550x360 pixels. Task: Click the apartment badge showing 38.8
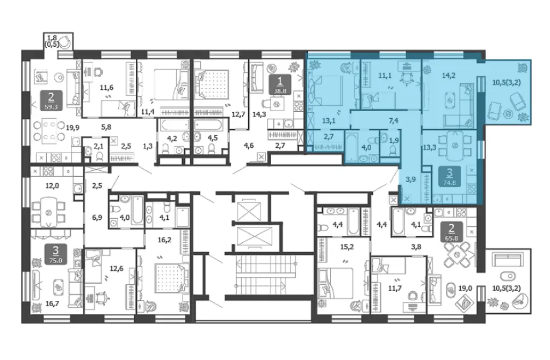click(280, 85)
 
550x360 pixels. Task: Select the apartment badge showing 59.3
click(51, 100)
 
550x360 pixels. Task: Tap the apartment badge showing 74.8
click(450, 176)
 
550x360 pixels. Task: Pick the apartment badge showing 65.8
click(451, 232)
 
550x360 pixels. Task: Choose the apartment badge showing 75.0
click(55, 254)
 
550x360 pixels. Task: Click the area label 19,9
click(73, 128)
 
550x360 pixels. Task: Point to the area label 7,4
click(394, 121)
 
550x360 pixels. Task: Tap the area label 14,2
click(448, 75)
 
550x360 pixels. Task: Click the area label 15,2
click(347, 247)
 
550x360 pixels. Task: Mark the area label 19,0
click(465, 289)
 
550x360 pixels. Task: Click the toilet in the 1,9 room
click(393, 150)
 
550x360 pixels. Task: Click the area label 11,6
click(106, 88)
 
